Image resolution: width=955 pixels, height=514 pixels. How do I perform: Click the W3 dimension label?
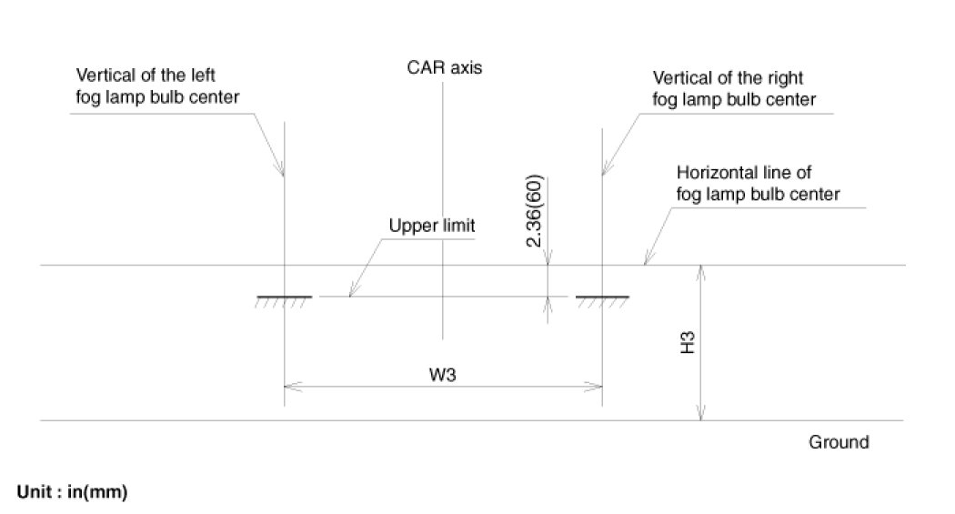coord(444,373)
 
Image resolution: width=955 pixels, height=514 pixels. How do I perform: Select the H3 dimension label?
coord(689,343)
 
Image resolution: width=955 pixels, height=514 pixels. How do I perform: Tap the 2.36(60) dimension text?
coord(536,210)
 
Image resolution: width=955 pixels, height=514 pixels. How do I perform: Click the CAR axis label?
coord(445,67)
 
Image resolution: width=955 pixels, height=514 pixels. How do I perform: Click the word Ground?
coord(839,443)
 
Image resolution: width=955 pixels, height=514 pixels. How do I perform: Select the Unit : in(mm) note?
coord(73,492)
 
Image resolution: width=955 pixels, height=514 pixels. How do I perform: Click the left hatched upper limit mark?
coord(285,299)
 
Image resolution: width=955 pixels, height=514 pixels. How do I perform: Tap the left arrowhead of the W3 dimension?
coord(291,386)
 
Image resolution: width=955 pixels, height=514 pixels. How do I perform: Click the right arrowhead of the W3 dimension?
coord(597,386)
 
